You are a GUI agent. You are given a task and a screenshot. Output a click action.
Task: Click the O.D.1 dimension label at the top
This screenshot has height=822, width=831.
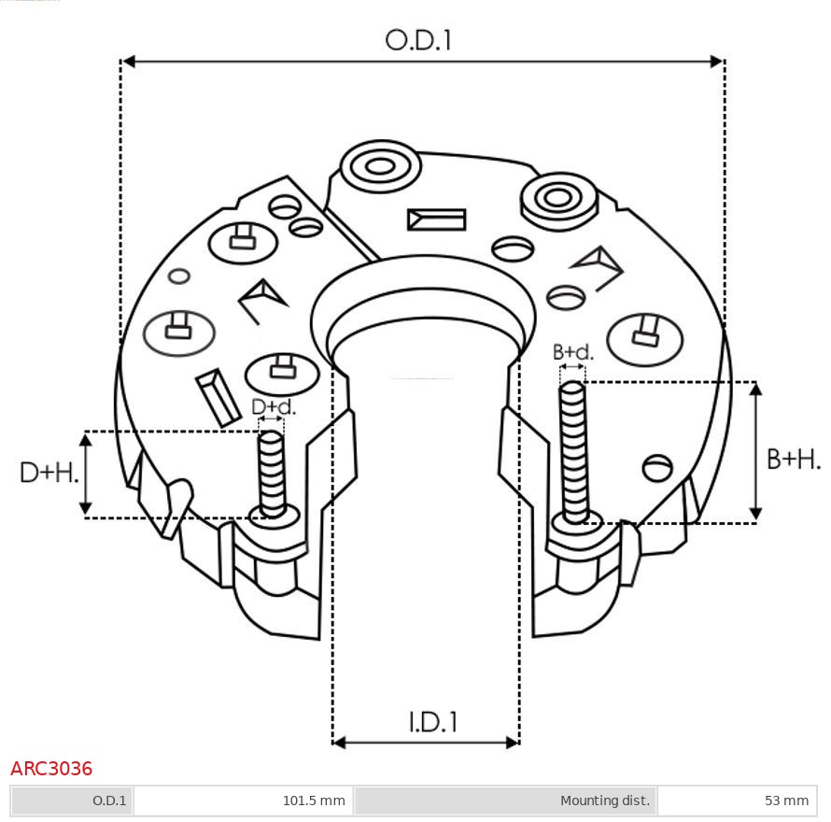pos(418,40)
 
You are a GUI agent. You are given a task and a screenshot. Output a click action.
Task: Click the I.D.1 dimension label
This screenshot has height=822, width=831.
pos(432,722)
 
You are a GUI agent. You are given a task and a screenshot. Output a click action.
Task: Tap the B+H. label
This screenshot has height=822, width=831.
pos(794,460)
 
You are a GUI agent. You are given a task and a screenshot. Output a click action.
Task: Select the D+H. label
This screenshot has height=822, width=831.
pos(49,472)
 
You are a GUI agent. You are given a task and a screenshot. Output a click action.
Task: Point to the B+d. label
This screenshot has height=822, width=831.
pos(573,352)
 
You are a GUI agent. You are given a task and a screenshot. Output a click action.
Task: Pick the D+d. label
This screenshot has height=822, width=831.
pos(273,406)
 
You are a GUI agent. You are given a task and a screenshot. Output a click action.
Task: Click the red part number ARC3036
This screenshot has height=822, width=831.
pos(51,768)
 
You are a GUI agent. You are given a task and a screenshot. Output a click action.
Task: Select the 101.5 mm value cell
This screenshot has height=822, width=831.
pos(244,801)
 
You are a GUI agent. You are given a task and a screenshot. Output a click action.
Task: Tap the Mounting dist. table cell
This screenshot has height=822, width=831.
pos(505,801)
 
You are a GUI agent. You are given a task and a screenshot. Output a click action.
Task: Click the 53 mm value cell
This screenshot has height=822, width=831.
pos(738,801)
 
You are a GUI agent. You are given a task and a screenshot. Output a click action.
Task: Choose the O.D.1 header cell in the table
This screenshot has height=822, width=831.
pos(72,801)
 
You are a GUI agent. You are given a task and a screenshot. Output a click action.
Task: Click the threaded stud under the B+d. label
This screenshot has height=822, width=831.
pos(574,452)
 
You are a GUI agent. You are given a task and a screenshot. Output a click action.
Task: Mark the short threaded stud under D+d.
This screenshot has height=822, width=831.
pos(272,474)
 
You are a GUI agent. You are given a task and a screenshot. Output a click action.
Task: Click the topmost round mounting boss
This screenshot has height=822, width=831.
pos(380,166)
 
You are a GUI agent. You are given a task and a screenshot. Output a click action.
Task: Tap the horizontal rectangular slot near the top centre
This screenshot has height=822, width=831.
pos(436,220)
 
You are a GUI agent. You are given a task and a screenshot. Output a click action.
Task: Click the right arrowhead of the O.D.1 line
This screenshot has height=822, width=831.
pos(717,62)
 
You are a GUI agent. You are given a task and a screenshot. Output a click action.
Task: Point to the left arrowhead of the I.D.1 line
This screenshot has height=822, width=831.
pos(339,743)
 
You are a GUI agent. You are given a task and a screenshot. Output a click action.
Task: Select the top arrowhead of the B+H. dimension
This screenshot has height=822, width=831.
pos(756,389)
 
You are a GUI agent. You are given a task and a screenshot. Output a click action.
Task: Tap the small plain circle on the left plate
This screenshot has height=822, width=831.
pos(178,276)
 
